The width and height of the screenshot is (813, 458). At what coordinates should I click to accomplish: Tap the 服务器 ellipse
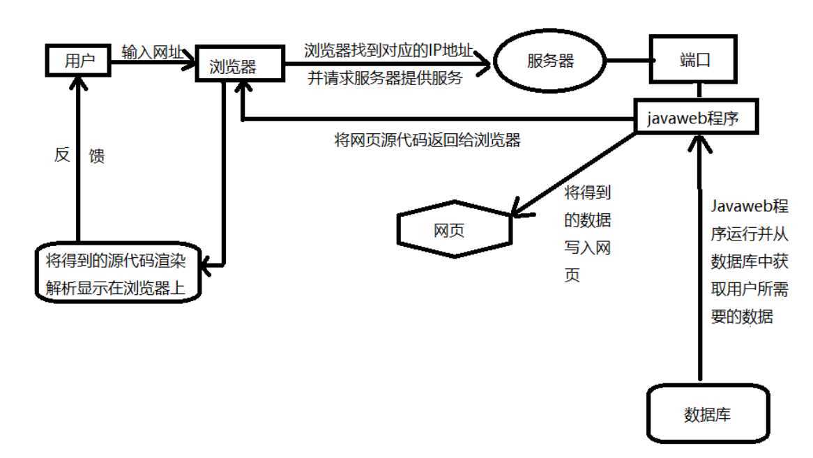(x=550, y=61)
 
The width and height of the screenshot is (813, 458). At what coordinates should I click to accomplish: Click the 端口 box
(x=693, y=61)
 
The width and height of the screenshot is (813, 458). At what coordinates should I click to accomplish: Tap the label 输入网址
(x=152, y=52)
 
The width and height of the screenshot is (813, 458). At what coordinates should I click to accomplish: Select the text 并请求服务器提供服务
(x=386, y=77)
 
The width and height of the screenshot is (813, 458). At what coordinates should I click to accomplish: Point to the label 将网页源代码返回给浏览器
(x=427, y=140)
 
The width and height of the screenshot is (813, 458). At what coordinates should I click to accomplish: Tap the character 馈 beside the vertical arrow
(x=97, y=156)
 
